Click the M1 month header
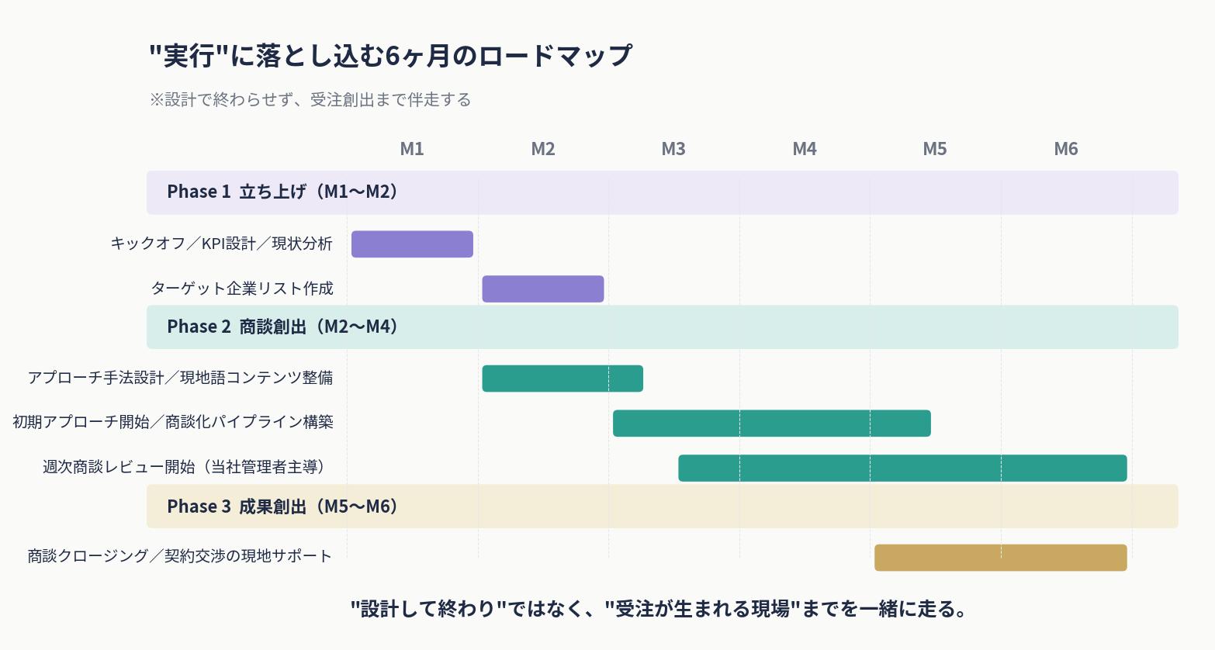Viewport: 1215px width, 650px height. click(x=412, y=149)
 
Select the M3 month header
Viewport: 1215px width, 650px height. click(x=673, y=149)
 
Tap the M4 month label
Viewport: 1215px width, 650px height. click(x=805, y=149)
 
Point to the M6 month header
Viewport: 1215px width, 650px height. click(x=1066, y=149)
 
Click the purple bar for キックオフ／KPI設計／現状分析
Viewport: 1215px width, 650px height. click(x=412, y=244)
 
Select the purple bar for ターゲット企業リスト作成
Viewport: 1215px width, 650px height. click(x=543, y=289)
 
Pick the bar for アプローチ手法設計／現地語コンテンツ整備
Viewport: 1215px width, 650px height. click(x=562, y=379)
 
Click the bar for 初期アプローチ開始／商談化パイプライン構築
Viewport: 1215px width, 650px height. click(x=771, y=424)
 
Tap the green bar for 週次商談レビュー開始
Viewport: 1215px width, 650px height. click(x=902, y=468)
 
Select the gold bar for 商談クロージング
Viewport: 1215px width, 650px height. click(x=1000, y=558)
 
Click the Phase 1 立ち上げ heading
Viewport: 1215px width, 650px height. click(x=283, y=192)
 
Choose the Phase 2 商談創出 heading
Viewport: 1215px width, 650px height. click(x=283, y=327)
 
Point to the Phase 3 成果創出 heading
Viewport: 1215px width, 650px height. click(x=283, y=507)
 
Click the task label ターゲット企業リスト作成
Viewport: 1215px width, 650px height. click(x=242, y=289)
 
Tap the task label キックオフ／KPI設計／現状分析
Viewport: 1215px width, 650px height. click(x=222, y=244)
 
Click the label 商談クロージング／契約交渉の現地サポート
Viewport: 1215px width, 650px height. click(x=180, y=556)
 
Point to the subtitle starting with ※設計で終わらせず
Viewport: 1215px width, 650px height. click(x=310, y=100)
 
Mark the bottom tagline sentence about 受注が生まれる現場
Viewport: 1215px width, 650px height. click(x=659, y=609)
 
